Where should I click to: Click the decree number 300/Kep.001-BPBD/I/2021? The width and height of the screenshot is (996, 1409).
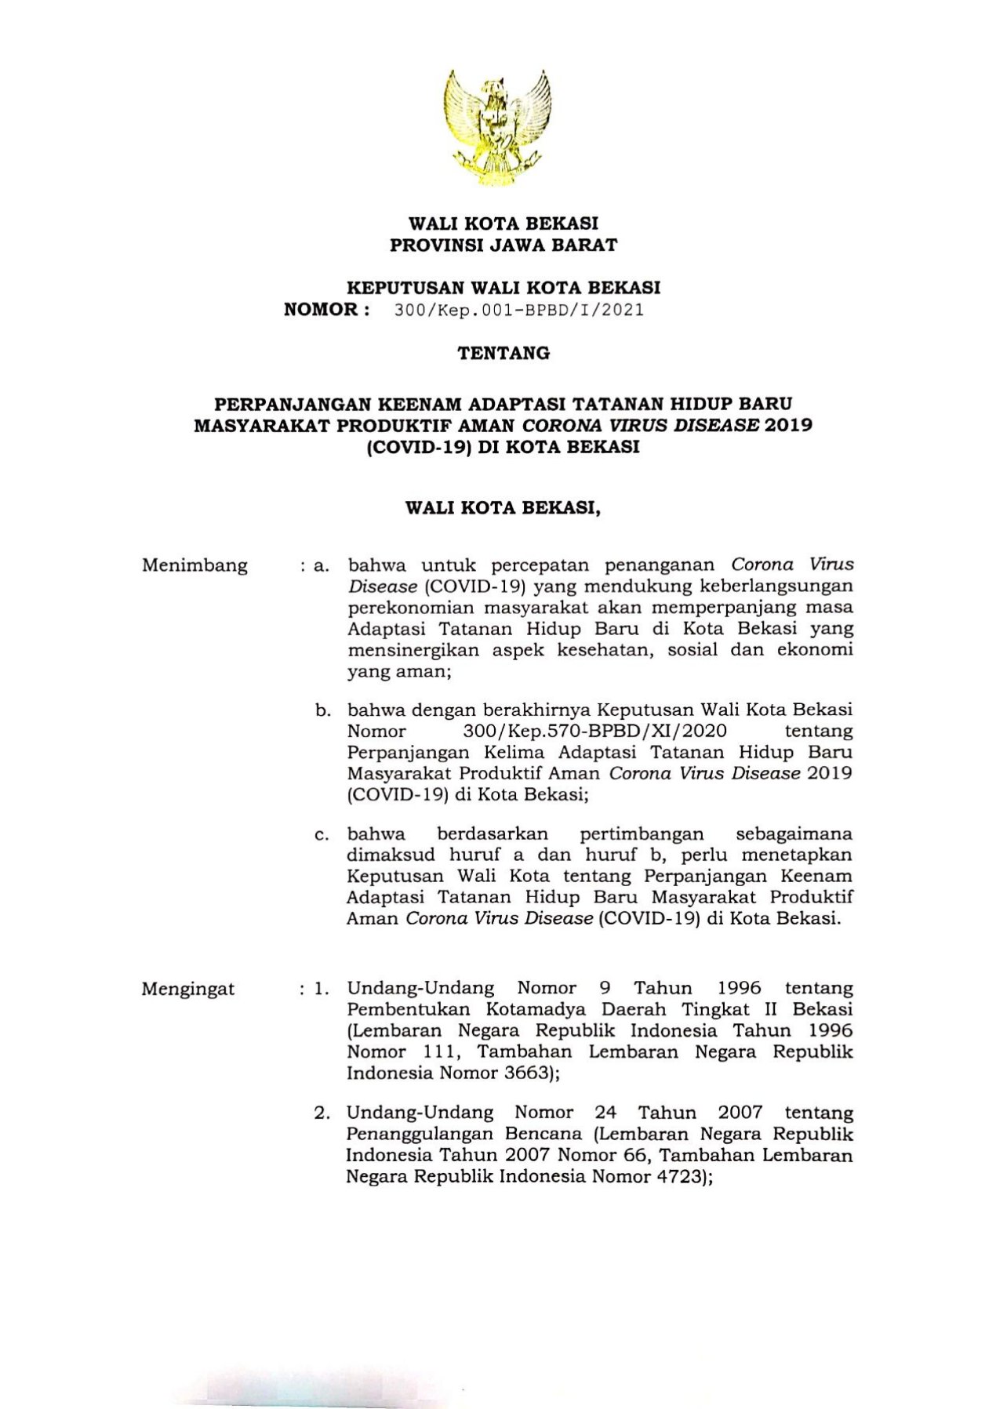point(519,310)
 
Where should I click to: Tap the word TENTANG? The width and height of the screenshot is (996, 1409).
point(503,354)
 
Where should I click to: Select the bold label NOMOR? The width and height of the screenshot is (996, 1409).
point(322,309)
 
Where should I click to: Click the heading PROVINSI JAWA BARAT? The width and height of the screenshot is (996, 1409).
point(503,245)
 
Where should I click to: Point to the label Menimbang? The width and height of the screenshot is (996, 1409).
point(194,565)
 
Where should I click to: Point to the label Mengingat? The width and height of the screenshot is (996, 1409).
point(188,989)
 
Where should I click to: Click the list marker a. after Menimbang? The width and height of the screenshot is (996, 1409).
point(321,565)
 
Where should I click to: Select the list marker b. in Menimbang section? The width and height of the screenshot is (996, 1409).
point(322,711)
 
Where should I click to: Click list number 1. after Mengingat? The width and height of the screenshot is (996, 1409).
point(322,989)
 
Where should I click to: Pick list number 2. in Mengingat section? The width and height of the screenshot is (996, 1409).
point(322,1113)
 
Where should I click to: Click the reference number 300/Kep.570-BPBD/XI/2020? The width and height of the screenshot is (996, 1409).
point(595,732)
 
